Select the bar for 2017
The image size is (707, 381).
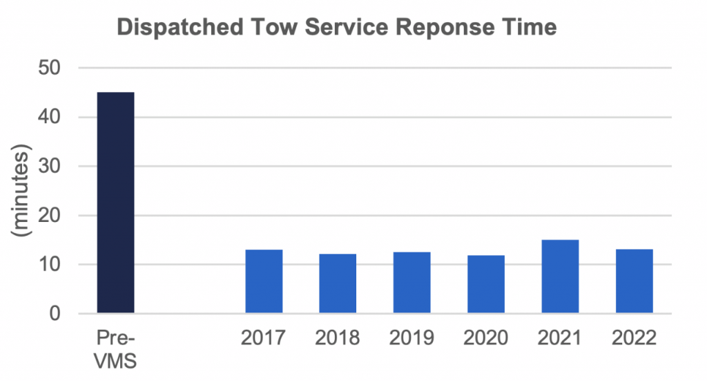[x=264, y=281]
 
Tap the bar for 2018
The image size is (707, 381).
[x=338, y=284]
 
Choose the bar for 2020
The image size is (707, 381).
[x=486, y=284]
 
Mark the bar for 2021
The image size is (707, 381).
[x=560, y=277]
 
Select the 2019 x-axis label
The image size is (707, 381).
[x=411, y=338]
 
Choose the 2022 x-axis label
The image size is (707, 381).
[x=634, y=338]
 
